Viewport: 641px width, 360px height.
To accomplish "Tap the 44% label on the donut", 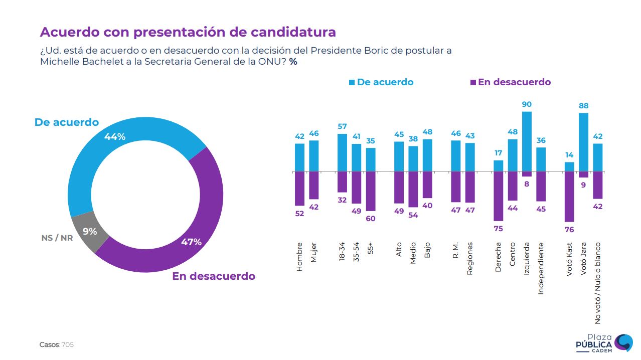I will [115, 136].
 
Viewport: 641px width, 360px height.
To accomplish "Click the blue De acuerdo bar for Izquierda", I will [527, 141].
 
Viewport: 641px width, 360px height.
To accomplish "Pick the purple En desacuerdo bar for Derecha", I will [498, 196].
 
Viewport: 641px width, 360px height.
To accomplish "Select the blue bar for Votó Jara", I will [583, 142].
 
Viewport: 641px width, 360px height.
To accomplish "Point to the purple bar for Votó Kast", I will [569, 197].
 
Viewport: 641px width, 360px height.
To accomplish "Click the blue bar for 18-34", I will [342, 152].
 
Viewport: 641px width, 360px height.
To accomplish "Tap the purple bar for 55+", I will [371, 191].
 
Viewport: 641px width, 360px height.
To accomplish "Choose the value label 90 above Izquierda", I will [527, 104].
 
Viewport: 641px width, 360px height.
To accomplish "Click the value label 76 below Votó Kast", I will [569, 230].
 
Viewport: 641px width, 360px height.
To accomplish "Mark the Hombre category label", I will [299, 257].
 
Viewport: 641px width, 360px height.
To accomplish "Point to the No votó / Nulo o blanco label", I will [597, 283].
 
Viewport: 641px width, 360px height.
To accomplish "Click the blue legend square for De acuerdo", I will [352, 82].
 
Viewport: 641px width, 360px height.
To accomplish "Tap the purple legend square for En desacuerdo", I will [473, 82].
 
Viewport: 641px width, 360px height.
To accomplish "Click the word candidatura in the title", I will [293, 32].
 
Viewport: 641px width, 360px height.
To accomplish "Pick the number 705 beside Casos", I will [67, 345].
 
